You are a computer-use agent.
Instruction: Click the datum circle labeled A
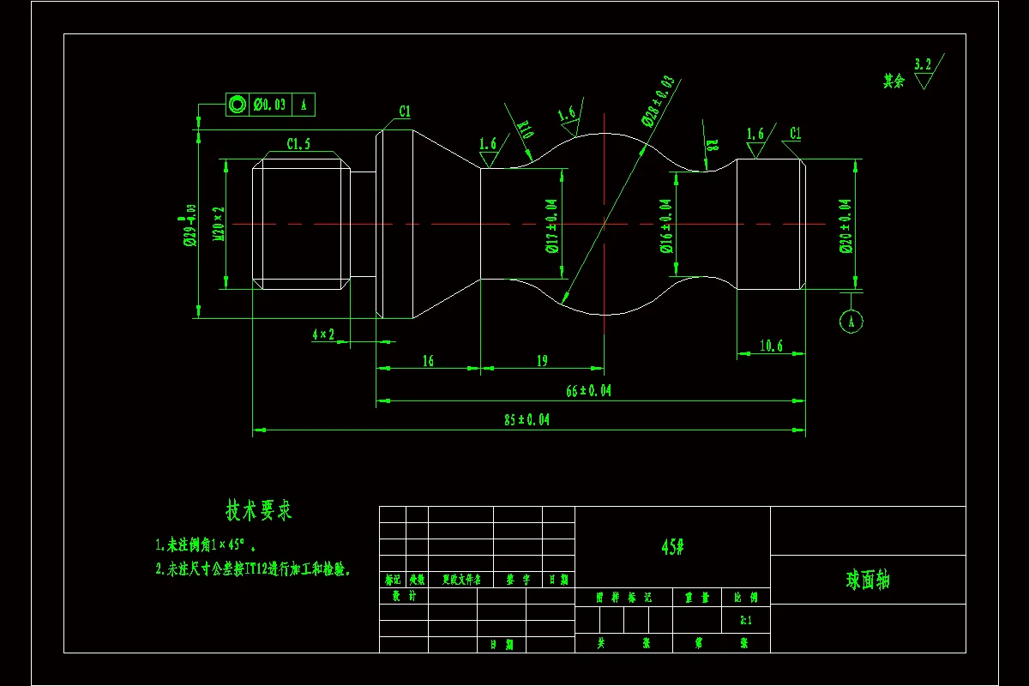(x=851, y=321)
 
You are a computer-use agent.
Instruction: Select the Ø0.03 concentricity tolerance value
(x=269, y=105)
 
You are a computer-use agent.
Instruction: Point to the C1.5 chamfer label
(x=298, y=143)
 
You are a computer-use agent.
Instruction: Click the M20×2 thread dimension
(x=220, y=224)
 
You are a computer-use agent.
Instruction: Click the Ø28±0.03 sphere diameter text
(x=658, y=100)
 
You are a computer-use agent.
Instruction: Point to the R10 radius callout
(x=526, y=129)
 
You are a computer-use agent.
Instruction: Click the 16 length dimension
(x=428, y=361)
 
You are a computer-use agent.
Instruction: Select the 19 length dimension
(x=542, y=361)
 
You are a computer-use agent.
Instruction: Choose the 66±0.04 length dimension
(x=589, y=391)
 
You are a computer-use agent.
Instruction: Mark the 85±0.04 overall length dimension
(x=527, y=420)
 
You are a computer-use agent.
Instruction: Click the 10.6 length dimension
(x=771, y=346)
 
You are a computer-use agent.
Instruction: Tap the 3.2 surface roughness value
(x=923, y=64)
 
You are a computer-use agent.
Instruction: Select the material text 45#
(x=672, y=547)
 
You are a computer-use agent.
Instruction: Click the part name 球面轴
(x=868, y=581)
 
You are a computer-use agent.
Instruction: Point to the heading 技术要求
(x=259, y=511)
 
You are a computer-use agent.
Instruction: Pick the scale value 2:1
(x=745, y=619)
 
